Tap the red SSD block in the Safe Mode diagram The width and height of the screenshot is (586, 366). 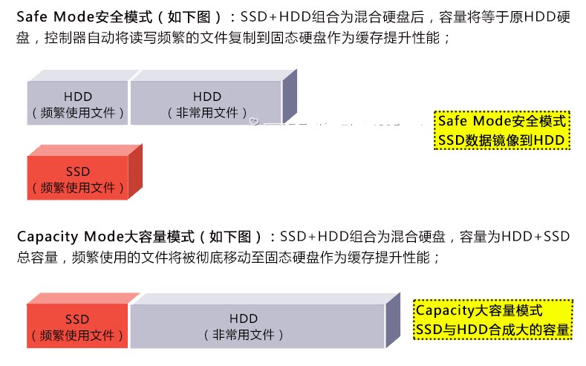[x=78, y=178]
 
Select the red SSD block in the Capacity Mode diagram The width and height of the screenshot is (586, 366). [x=77, y=327]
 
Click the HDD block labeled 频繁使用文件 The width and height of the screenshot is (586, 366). [x=78, y=105]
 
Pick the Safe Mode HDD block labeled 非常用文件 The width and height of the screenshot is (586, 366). [x=206, y=105]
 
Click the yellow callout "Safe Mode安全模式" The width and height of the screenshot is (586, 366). [x=502, y=121]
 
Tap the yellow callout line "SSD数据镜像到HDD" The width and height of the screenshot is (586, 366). [x=502, y=140]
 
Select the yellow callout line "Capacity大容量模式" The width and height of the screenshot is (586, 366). [x=479, y=310]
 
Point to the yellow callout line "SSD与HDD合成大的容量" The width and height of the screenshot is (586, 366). [x=493, y=330]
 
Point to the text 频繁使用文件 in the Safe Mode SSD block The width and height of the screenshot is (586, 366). [x=78, y=187]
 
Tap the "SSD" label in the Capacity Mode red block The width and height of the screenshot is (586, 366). [x=77, y=318]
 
